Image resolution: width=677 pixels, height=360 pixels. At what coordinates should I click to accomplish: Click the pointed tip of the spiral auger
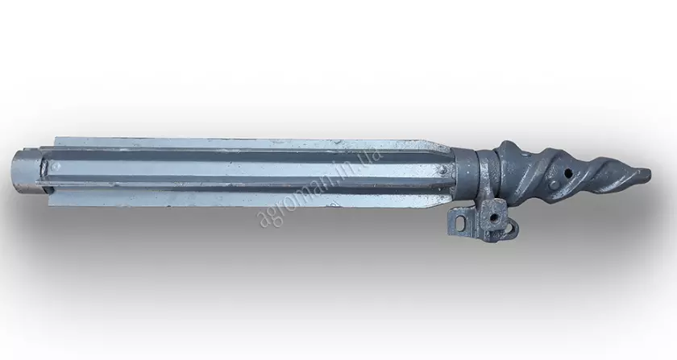click(x=650, y=174)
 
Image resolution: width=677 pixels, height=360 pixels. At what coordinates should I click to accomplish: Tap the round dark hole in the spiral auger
click(x=569, y=173)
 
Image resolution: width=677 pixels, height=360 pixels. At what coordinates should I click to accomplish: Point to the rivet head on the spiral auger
click(x=554, y=185)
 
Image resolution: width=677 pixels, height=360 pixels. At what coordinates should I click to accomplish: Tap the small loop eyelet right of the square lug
click(x=513, y=227)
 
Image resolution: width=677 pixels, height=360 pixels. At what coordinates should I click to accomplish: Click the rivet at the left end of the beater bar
click(x=53, y=166)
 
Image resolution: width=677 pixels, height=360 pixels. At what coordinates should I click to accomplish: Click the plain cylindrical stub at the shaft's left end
click(x=26, y=172)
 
